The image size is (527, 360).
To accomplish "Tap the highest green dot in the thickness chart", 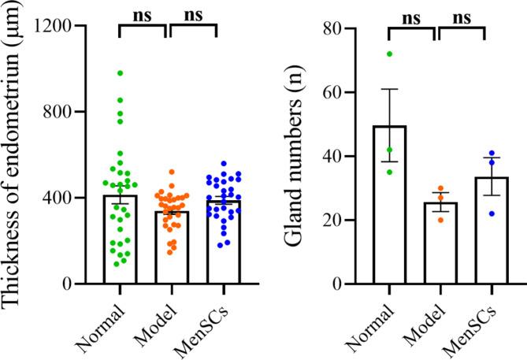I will (x=121, y=72).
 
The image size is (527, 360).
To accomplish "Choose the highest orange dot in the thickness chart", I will (x=172, y=172).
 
